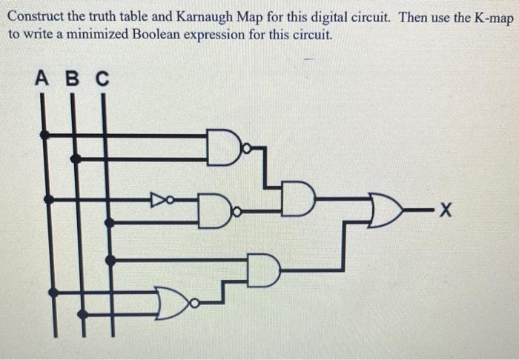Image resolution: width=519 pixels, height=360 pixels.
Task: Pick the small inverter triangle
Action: click(158, 199)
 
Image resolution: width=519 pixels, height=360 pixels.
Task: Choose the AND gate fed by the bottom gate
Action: click(265, 270)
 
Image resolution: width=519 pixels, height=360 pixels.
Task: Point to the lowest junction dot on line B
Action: click(82, 313)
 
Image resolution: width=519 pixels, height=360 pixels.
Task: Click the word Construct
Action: click(35, 17)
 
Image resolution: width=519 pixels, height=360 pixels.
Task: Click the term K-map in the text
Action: click(489, 17)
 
